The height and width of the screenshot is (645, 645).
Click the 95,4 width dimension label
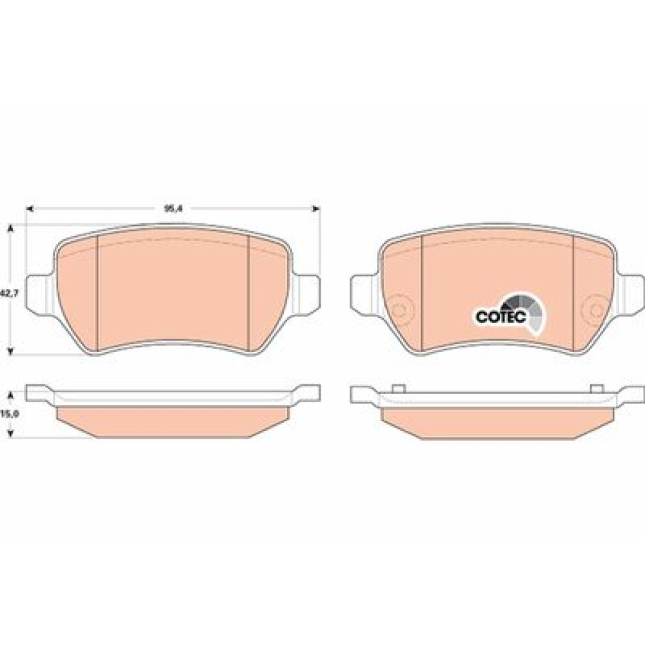pos(173,208)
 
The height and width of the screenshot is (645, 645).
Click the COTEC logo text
pos(501,316)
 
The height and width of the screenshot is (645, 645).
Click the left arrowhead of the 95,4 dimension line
pos(29,209)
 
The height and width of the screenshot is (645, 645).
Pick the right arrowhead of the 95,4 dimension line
pos(316,209)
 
